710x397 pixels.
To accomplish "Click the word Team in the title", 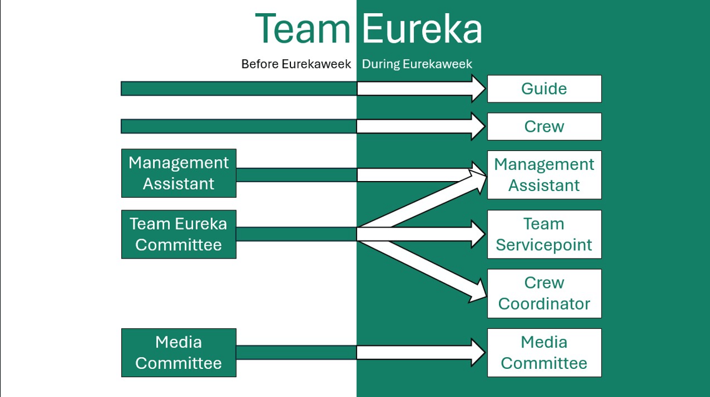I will click(x=303, y=29).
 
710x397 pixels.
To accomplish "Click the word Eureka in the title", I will click(x=422, y=29).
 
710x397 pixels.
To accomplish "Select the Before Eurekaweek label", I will click(x=296, y=64).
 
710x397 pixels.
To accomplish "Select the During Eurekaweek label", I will click(x=417, y=64).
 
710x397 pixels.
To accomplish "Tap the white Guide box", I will click(x=544, y=89).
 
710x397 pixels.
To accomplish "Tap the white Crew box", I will click(x=544, y=127).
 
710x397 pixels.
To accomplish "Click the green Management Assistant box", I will click(x=179, y=173).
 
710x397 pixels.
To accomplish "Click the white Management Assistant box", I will click(x=544, y=175).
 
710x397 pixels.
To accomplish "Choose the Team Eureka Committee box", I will click(x=179, y=234).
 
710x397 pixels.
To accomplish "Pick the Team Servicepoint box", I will click(x=544, y=234).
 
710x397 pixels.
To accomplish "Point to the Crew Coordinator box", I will click(x=544, y=293).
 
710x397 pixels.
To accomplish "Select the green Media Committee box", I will click(x=179, y=353).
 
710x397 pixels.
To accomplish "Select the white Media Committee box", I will click(x=544, y=353).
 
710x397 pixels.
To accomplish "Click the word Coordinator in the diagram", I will click(x=544, y=304).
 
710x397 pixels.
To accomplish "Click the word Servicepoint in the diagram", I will click(x=544, y=245).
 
